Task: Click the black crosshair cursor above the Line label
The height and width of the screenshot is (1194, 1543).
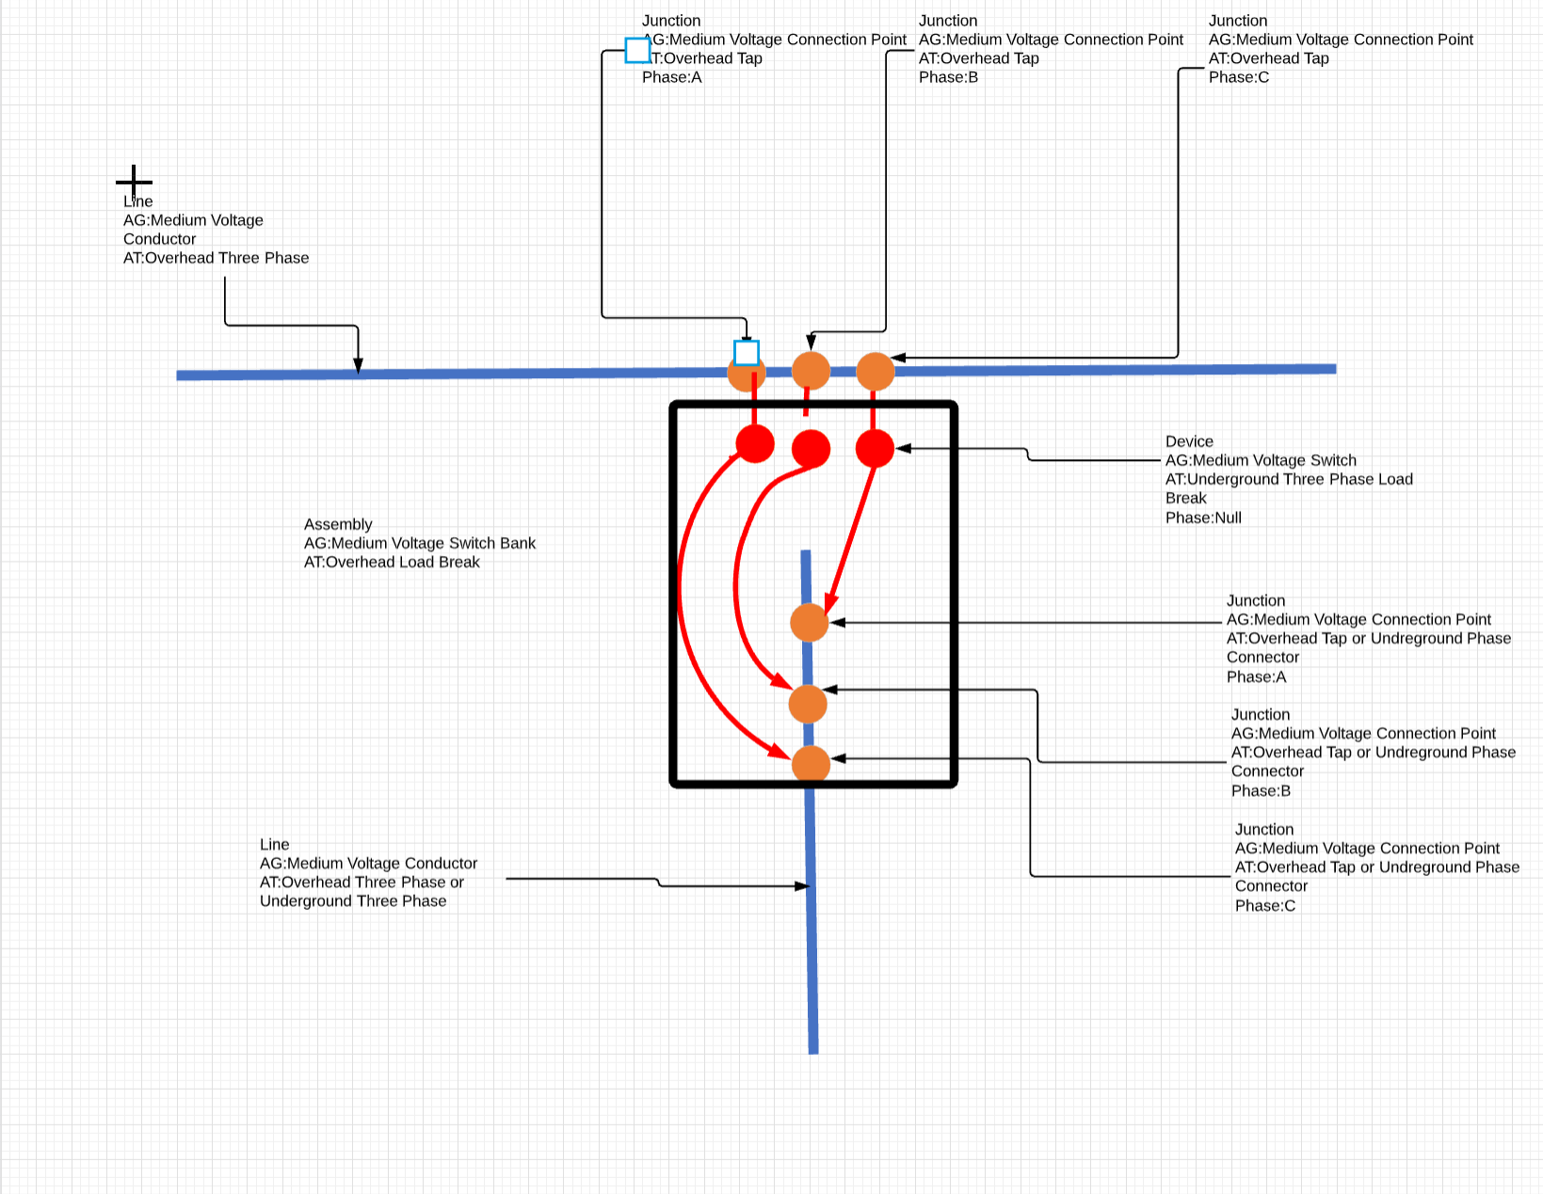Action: click(x=134, y=182)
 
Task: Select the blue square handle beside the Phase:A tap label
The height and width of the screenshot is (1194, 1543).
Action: click(x=637, y=50)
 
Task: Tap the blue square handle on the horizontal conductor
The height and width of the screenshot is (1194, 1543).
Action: click(x=747, y=353)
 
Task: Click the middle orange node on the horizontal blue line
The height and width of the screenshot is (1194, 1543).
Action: click(x=811, y=371)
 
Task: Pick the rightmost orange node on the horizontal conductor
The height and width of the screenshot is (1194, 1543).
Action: click(x=875, y=372)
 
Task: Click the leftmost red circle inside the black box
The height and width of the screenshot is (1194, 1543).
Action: click(x=755, y=443)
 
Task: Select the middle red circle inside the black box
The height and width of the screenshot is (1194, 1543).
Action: click(x=811, y=449)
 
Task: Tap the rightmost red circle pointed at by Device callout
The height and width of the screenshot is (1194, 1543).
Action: click(x=875, y=448)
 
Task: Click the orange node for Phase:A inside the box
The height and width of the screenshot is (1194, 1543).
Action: click(x=809, y=623)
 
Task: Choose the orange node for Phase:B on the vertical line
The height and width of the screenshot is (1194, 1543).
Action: click(x=808, y=704)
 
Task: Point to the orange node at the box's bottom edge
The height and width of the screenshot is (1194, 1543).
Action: click(x=811, y=764)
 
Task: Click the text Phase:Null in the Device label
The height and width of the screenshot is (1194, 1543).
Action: click(x=1203, y=517)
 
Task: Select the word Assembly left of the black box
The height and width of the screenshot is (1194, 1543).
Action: click(x=338, y=524)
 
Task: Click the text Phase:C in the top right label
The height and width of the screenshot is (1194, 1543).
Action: click(x=1238, y=77)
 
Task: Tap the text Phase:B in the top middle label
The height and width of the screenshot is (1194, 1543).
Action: click(x=948, y=77)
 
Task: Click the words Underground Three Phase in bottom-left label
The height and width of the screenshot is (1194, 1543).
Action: click(x=353, y=901)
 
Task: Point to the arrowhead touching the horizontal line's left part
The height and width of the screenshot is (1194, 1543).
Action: click(x=358, y=366)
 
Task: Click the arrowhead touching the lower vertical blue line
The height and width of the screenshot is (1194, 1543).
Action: click(x=802, y=885)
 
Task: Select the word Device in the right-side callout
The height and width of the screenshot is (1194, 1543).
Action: click(x=1189, y=441)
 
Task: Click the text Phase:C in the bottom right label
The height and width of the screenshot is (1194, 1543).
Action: click(x=1264, y=905)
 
